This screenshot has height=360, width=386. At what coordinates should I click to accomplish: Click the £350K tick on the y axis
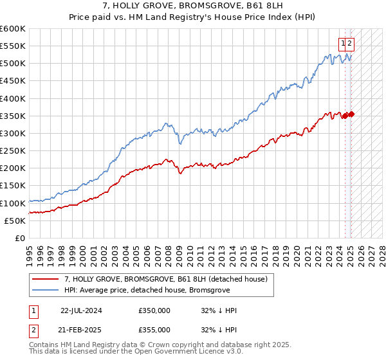(14, 116)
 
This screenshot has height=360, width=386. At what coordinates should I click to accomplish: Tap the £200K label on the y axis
(14, 168)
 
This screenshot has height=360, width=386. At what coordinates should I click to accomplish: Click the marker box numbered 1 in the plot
(344, 43)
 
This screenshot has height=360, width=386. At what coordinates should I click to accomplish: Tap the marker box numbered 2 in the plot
(351, 43)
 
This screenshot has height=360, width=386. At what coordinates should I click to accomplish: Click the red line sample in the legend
(46, 279)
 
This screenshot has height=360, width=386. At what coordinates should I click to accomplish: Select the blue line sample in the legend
(46, 290)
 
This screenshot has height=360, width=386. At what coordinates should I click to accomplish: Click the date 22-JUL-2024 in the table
(81, 310)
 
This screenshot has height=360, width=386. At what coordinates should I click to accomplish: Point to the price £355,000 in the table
(154, 330)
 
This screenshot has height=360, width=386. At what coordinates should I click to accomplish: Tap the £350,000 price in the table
(154, 310)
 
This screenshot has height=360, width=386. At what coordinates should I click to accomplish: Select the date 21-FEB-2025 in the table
(81, 330)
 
